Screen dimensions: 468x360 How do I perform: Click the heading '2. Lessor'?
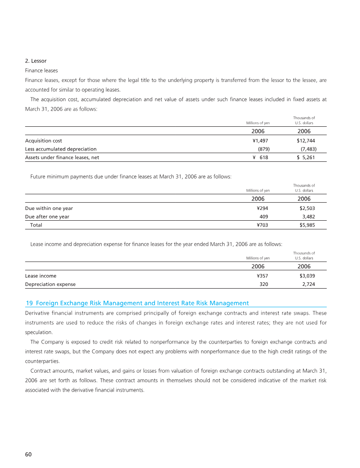pyautogui.click(x=36, y=61)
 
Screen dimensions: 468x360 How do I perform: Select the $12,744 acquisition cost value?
pyautogui.click(x=306, y=141)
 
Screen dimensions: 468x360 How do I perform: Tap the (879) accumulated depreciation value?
pyautogui.click(x=263, y=149)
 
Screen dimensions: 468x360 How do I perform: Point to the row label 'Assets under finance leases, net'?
pyautogui.click(x=62, y=157)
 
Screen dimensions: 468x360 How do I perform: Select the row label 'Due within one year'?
pyautogui.click(x=49, y=209)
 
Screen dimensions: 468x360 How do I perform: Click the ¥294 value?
pyautogui.click(x=262, y=209)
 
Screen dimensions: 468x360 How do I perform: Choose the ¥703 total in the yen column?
pyautogui.click(x=262, y=225)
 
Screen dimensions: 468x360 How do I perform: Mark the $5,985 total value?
pyautogui.click(x=306, y=225)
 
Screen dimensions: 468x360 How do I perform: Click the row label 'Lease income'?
pyautogui.click(x=40, y=276)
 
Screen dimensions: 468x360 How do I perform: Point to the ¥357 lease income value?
pyautogui.click(x=262, y=276)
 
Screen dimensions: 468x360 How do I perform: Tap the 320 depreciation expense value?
pyautogui.click(x=264, y=284)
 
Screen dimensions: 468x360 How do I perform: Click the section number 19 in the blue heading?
pyautogui.click(x=30, y=303)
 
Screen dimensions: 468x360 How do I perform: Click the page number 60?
pyautogui.click(x=28, y=455)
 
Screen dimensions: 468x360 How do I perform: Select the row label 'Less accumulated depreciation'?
pyautogui.click(x=61, y=149)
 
